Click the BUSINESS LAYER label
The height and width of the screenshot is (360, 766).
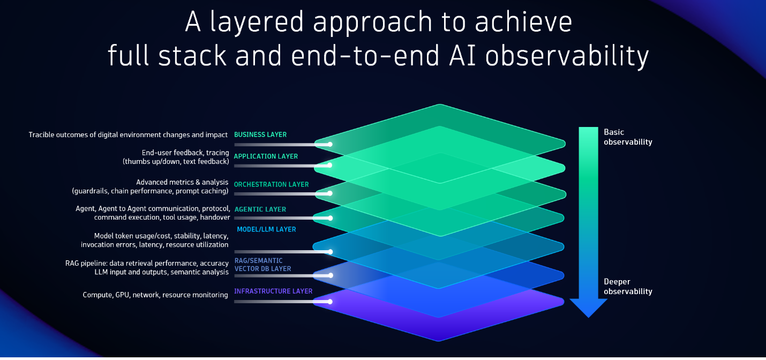point(260,135)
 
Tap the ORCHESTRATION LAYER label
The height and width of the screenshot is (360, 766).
point(271,184)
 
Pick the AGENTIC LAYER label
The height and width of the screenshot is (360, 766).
point(260,209)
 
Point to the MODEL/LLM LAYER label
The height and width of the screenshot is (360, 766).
point(266,229)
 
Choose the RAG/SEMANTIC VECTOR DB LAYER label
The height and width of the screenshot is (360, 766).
point(262,265)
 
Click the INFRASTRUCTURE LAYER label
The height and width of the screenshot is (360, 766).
point(273,291)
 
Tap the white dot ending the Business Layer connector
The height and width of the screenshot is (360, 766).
point(330,144)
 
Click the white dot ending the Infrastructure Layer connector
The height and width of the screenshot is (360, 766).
point(330,302)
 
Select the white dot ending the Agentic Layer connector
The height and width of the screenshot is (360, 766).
point(330,218)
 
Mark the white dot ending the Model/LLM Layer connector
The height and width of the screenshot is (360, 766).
point(330,252)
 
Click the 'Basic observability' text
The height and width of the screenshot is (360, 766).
point(628,137)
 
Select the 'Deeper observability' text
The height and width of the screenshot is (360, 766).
point(628,287)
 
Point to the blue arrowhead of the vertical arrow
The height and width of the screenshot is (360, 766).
point(588,307)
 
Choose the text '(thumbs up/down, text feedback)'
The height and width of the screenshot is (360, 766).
point(176,161)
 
